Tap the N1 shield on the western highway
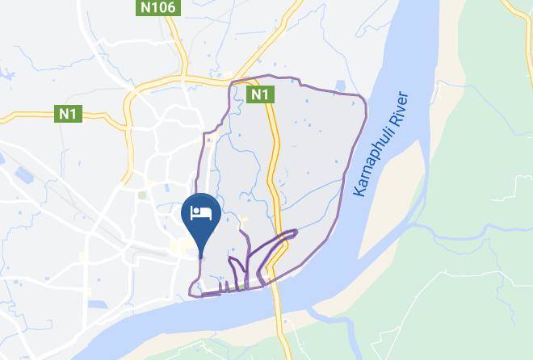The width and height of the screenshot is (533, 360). coord(66,114)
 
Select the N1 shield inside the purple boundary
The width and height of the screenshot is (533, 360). coord(258,95)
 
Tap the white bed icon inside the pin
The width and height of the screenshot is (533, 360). coord(199,213)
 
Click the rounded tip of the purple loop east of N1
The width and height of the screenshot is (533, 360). coord(295,232)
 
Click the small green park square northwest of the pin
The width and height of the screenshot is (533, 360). coord(142,195)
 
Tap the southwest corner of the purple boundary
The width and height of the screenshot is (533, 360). coord(191,292)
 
